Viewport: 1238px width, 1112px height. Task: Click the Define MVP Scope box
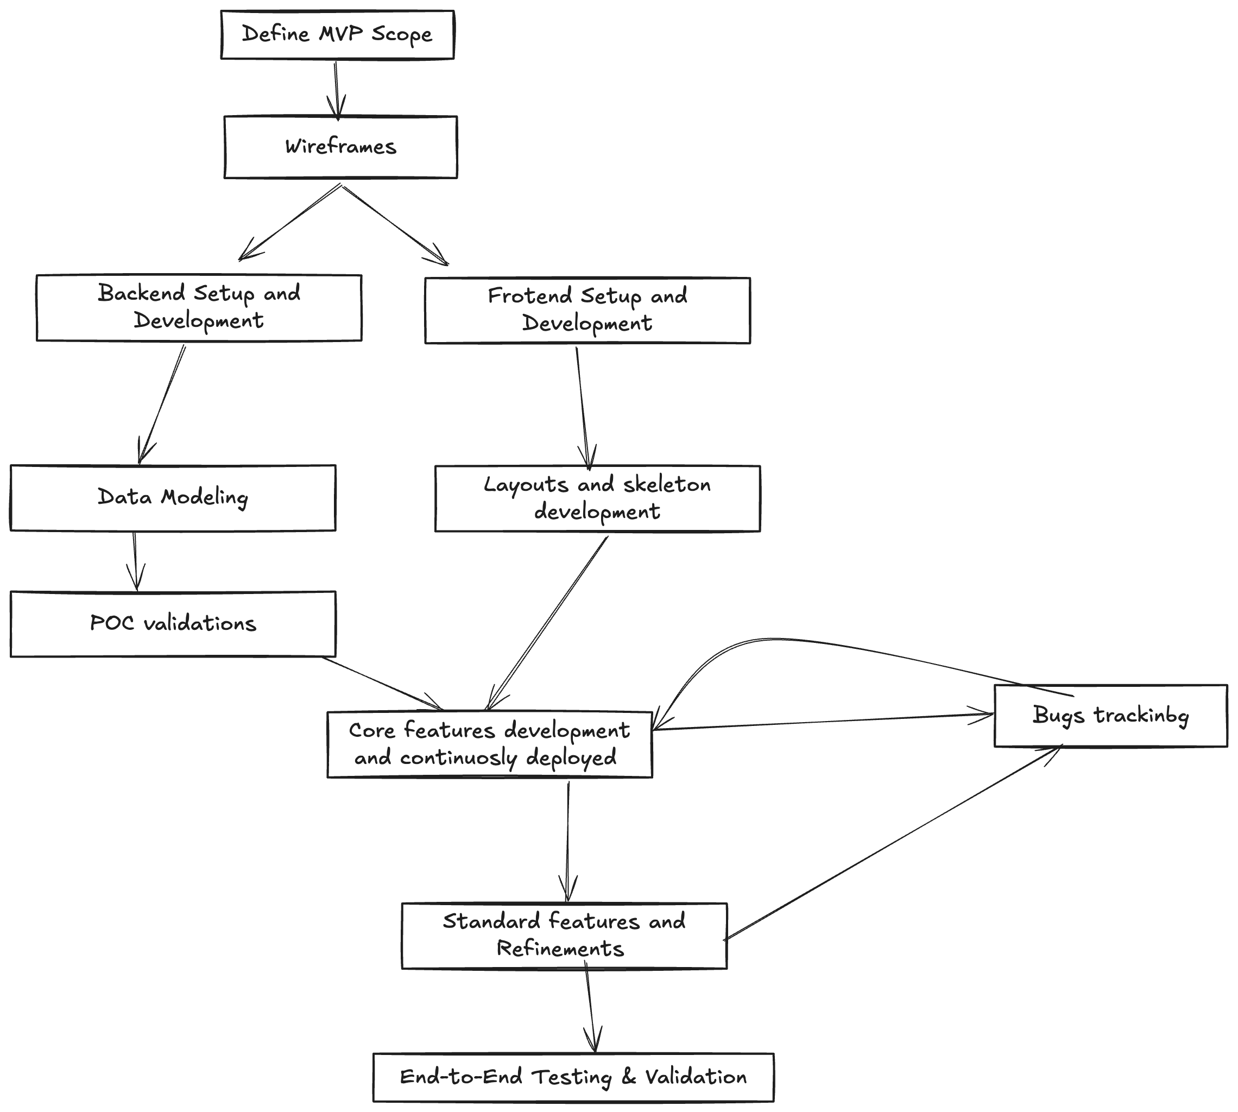pos(337,35)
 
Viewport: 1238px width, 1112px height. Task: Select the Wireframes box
pos(340,147)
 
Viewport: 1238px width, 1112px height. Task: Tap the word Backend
pos(141,293)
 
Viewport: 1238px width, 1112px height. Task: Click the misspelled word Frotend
pos(529,296)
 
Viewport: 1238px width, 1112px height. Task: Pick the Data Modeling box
pos(172,497)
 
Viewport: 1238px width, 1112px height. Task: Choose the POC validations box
pos(172,624)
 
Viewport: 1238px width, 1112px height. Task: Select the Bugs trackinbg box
pos(1110,716)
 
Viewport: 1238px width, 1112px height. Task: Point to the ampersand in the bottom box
pos(629,1077)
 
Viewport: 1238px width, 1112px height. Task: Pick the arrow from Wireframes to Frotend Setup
pos(394,224)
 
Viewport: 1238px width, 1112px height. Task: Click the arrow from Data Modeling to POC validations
pos(135,560)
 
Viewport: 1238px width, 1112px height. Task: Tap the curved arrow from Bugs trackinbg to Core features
pos(794,640)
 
